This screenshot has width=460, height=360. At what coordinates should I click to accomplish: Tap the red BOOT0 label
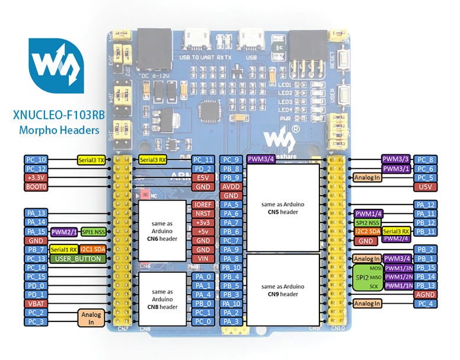point(35,187)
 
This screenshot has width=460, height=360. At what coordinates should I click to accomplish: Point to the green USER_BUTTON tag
point(74,259)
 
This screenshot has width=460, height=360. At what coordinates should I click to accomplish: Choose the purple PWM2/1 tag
point(64,231)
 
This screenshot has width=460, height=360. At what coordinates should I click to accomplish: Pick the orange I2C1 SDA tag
point(93,249)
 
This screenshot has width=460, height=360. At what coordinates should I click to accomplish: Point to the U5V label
point(426,186)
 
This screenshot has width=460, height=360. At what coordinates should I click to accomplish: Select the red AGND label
point(426,295)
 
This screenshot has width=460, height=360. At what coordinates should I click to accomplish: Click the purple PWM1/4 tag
point(369,213)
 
